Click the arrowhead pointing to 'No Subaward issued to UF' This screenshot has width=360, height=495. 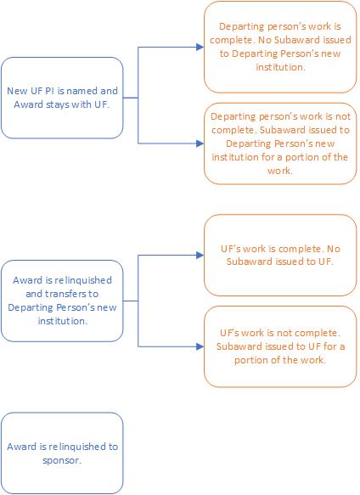pos(200,255)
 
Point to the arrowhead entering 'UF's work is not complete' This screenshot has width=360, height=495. pos(200,346)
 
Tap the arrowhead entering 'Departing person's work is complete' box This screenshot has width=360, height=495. pos(200,47)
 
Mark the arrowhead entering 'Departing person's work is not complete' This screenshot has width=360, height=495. pos(200,143)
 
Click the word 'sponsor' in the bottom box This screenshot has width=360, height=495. pos(61,460)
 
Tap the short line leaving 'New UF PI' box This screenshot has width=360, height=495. pos(131,98)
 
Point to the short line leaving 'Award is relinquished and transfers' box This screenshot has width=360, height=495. pos(131,301)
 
